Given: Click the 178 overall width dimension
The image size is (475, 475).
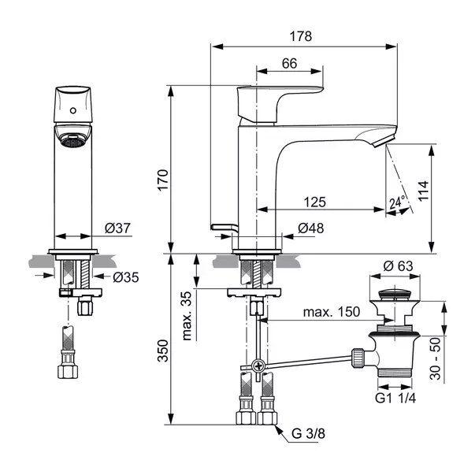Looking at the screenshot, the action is pyautogui.click(x=300, y=36).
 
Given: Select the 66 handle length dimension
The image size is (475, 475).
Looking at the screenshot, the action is pyautogui.click(x=289, y=63).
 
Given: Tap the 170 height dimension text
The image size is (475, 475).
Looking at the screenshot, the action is pyautogui.click(x=163, y=180).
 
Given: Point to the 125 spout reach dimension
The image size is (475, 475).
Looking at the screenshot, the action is pyautogui.click(x=315, y=202).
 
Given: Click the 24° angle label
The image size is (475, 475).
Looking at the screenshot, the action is pyautogui.click(x=398, y=202).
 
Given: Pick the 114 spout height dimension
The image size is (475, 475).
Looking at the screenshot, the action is pyautogui.click(x=423, y=191).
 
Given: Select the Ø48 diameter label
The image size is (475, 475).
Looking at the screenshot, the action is pyautogui.click(x=311, y=228).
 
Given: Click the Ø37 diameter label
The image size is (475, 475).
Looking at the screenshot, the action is pyautogui.click(x=117, y=228).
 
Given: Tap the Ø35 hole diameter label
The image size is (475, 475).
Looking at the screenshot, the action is pyautogui.click(x=126, y=277).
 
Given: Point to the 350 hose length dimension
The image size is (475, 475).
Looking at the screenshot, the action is pyautogui.click(x=163, y=351).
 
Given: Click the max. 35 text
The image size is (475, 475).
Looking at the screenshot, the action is pyautogui.click(x=187, y=316).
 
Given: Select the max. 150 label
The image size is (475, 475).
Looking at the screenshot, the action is pyautogui.click(x=332, y=312).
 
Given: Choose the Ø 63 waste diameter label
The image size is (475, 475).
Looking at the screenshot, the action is pyautogui.click(x=398, y=266).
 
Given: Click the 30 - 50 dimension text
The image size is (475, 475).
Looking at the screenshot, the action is pyautogui.click(x=436, y=358).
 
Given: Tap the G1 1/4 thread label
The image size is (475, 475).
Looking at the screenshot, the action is pyautogui.click(x=395, y=398).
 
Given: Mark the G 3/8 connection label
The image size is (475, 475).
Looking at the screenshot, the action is pyautogui.click(x=308, y=433).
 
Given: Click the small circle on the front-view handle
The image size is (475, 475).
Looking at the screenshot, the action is pyautogui.click(x=73, y=110).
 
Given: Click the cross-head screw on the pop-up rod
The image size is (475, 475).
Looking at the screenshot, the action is pyautogui.click(x=258, y=366).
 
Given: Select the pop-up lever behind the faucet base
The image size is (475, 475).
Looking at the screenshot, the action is pyautogui.click(x=225, y=228).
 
